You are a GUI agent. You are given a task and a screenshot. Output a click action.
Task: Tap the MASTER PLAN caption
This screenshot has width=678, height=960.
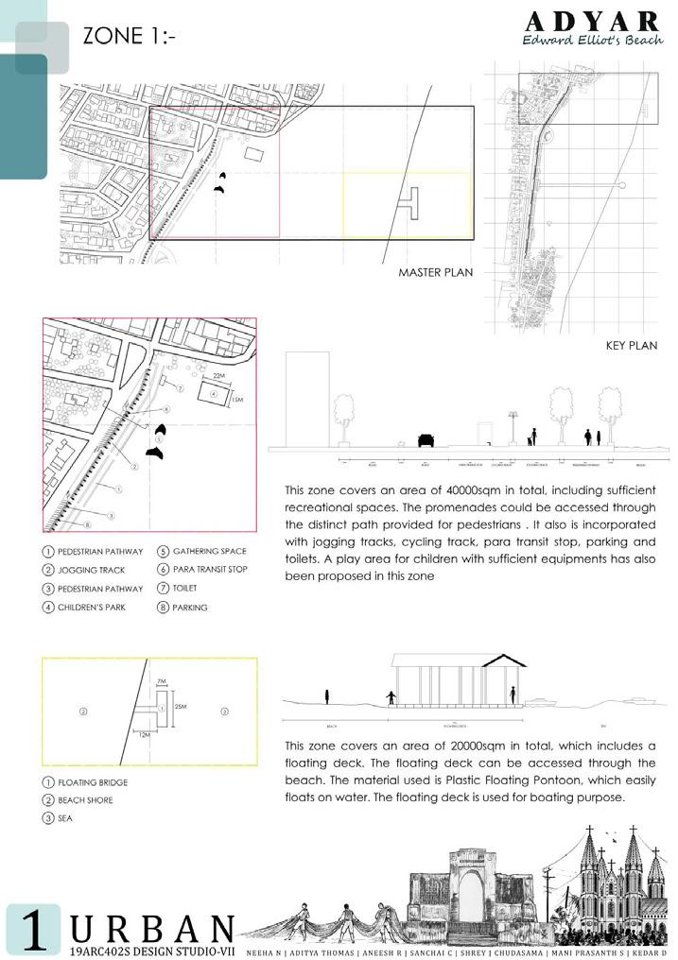pyautogui.click(x=435, y=272)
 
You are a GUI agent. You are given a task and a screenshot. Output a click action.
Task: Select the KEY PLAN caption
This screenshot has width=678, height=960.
pyautogui.click(x=631, y=346)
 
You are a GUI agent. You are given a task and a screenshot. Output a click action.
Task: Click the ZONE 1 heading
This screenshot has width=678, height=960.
pyautogui.click(x=130, y=37)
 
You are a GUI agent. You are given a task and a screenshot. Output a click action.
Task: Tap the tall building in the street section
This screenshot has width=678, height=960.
pyautogui.click(x=306, y=397)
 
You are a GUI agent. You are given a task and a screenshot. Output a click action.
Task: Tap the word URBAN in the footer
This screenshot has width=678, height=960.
pyautogui.click(x=152, y=928)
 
